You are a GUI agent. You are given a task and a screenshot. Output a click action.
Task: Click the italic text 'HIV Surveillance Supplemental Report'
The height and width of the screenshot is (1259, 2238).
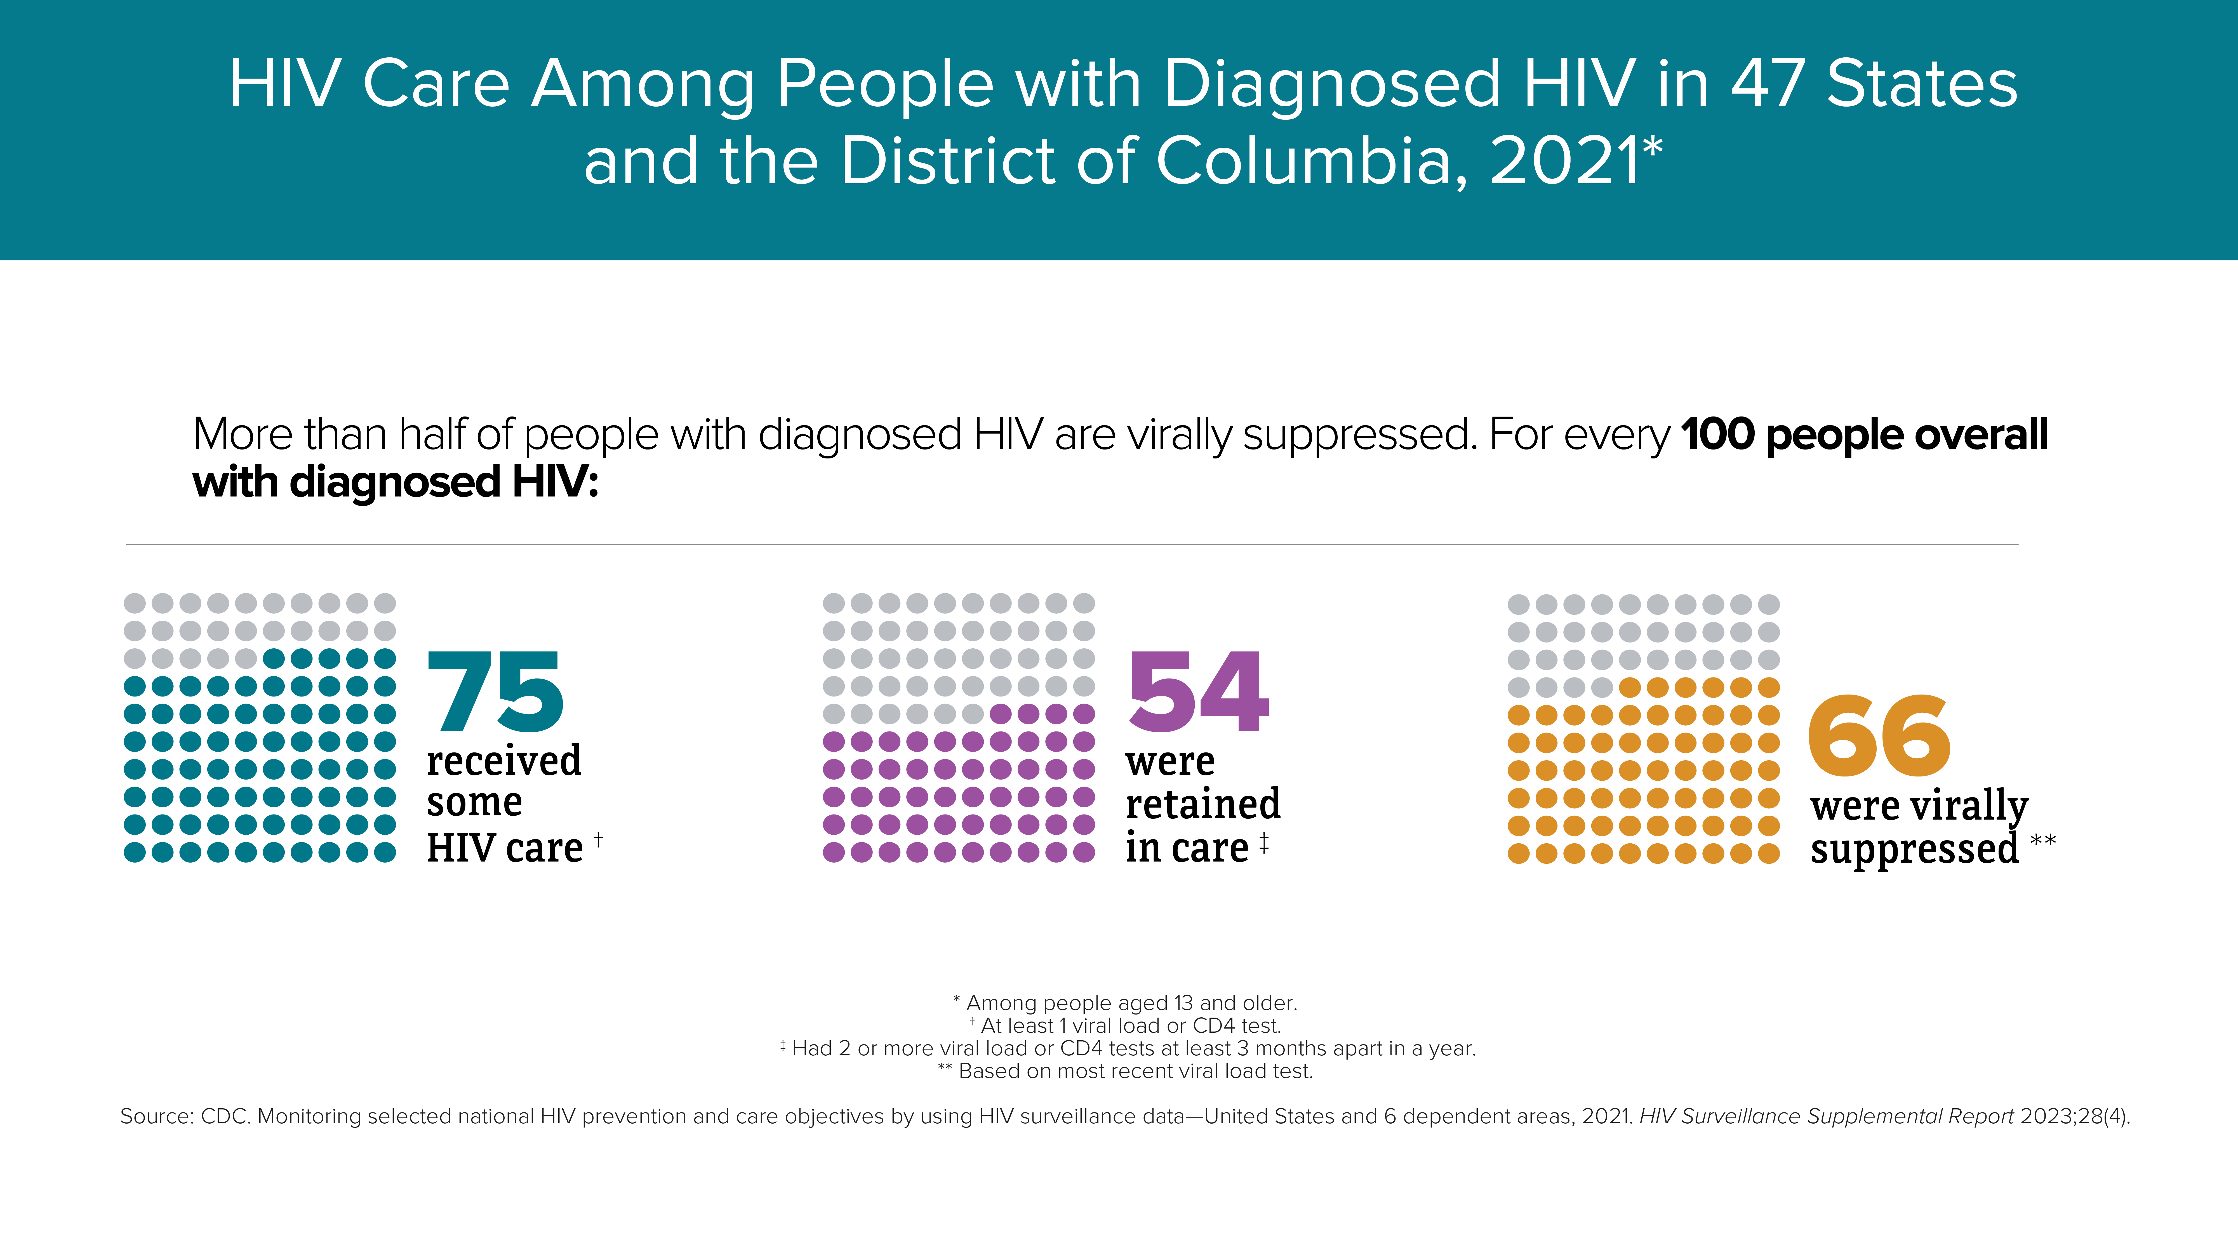click(1826, 1116)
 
